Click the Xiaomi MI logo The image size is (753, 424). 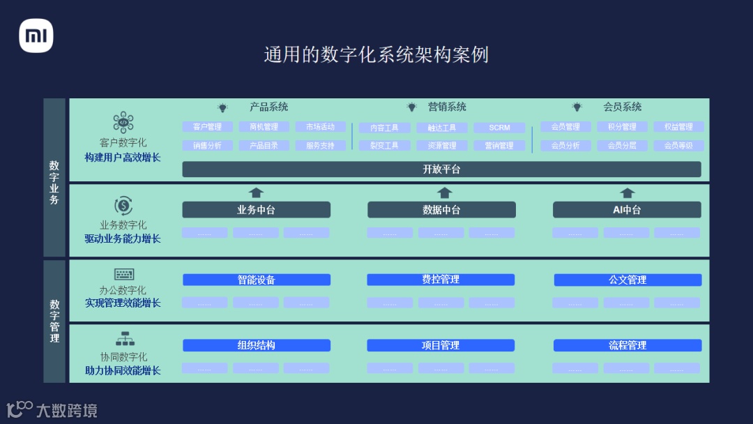[x=36, y=36]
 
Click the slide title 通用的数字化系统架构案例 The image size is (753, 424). [x=376, y=54]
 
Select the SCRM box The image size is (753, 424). [x=499, y=128]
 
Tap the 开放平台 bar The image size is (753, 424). [x=441, y=169]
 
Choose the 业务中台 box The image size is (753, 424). [x=256, y=210]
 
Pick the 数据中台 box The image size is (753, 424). [x=441, y=210]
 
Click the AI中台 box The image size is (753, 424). [x=627, y=210]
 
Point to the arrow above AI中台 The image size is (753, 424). [x=627, y=192]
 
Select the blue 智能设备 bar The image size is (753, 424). [x=256, y=280]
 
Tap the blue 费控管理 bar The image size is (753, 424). [x=441, y=280]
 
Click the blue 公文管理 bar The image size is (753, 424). [x=627, y=280]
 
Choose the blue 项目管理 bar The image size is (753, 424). [x=441, y=345]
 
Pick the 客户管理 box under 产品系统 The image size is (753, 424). [x=207, y=127]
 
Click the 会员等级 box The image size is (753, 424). [x=678, y=146]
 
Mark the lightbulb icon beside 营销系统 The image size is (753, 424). [x=412, y=107]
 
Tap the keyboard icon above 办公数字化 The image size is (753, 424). [x=124, y=274]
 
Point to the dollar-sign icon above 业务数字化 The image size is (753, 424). [x=123, y=206]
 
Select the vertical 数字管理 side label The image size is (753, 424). [x=54, y=321]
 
